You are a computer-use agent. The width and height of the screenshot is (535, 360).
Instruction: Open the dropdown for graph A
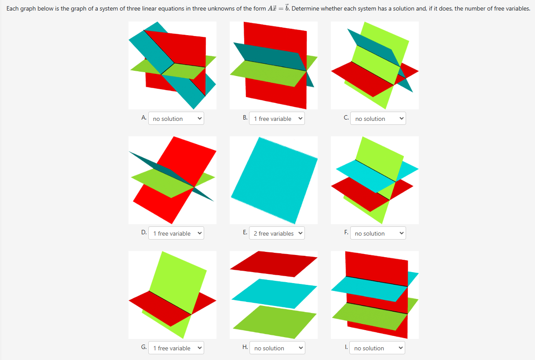click(x=176, y=118)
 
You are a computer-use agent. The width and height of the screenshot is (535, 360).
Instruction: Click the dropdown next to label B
click(x=277, y=118)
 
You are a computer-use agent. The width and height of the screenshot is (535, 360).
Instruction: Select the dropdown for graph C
click(x=378, y=118)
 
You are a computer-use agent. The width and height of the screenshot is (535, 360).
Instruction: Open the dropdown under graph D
click(x=176, y=233)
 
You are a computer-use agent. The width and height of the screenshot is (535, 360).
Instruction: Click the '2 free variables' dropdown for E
click(x=277, y=233)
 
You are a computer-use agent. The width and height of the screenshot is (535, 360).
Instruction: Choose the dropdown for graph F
click(x=378, y=233)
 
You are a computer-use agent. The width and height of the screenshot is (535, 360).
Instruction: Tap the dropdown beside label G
click(x=176, y=348)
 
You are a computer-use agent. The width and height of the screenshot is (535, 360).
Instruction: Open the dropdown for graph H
click(x=277, y=348)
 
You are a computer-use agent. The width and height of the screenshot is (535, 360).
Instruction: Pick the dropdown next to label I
click(x=377, y=348)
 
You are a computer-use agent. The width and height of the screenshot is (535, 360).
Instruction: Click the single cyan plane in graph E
click(x=274, y=180)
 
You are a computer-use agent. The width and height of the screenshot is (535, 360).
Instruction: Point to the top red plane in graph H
click(x=274, y=264)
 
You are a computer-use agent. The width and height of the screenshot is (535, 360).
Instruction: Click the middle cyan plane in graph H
click(x=274, y=294)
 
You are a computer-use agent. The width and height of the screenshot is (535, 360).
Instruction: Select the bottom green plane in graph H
click(x=275, y=322)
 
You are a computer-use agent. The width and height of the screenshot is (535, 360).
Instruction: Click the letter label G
click(x=144, y=347)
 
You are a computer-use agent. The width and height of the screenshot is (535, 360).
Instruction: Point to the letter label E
click(x=245, y=232)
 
